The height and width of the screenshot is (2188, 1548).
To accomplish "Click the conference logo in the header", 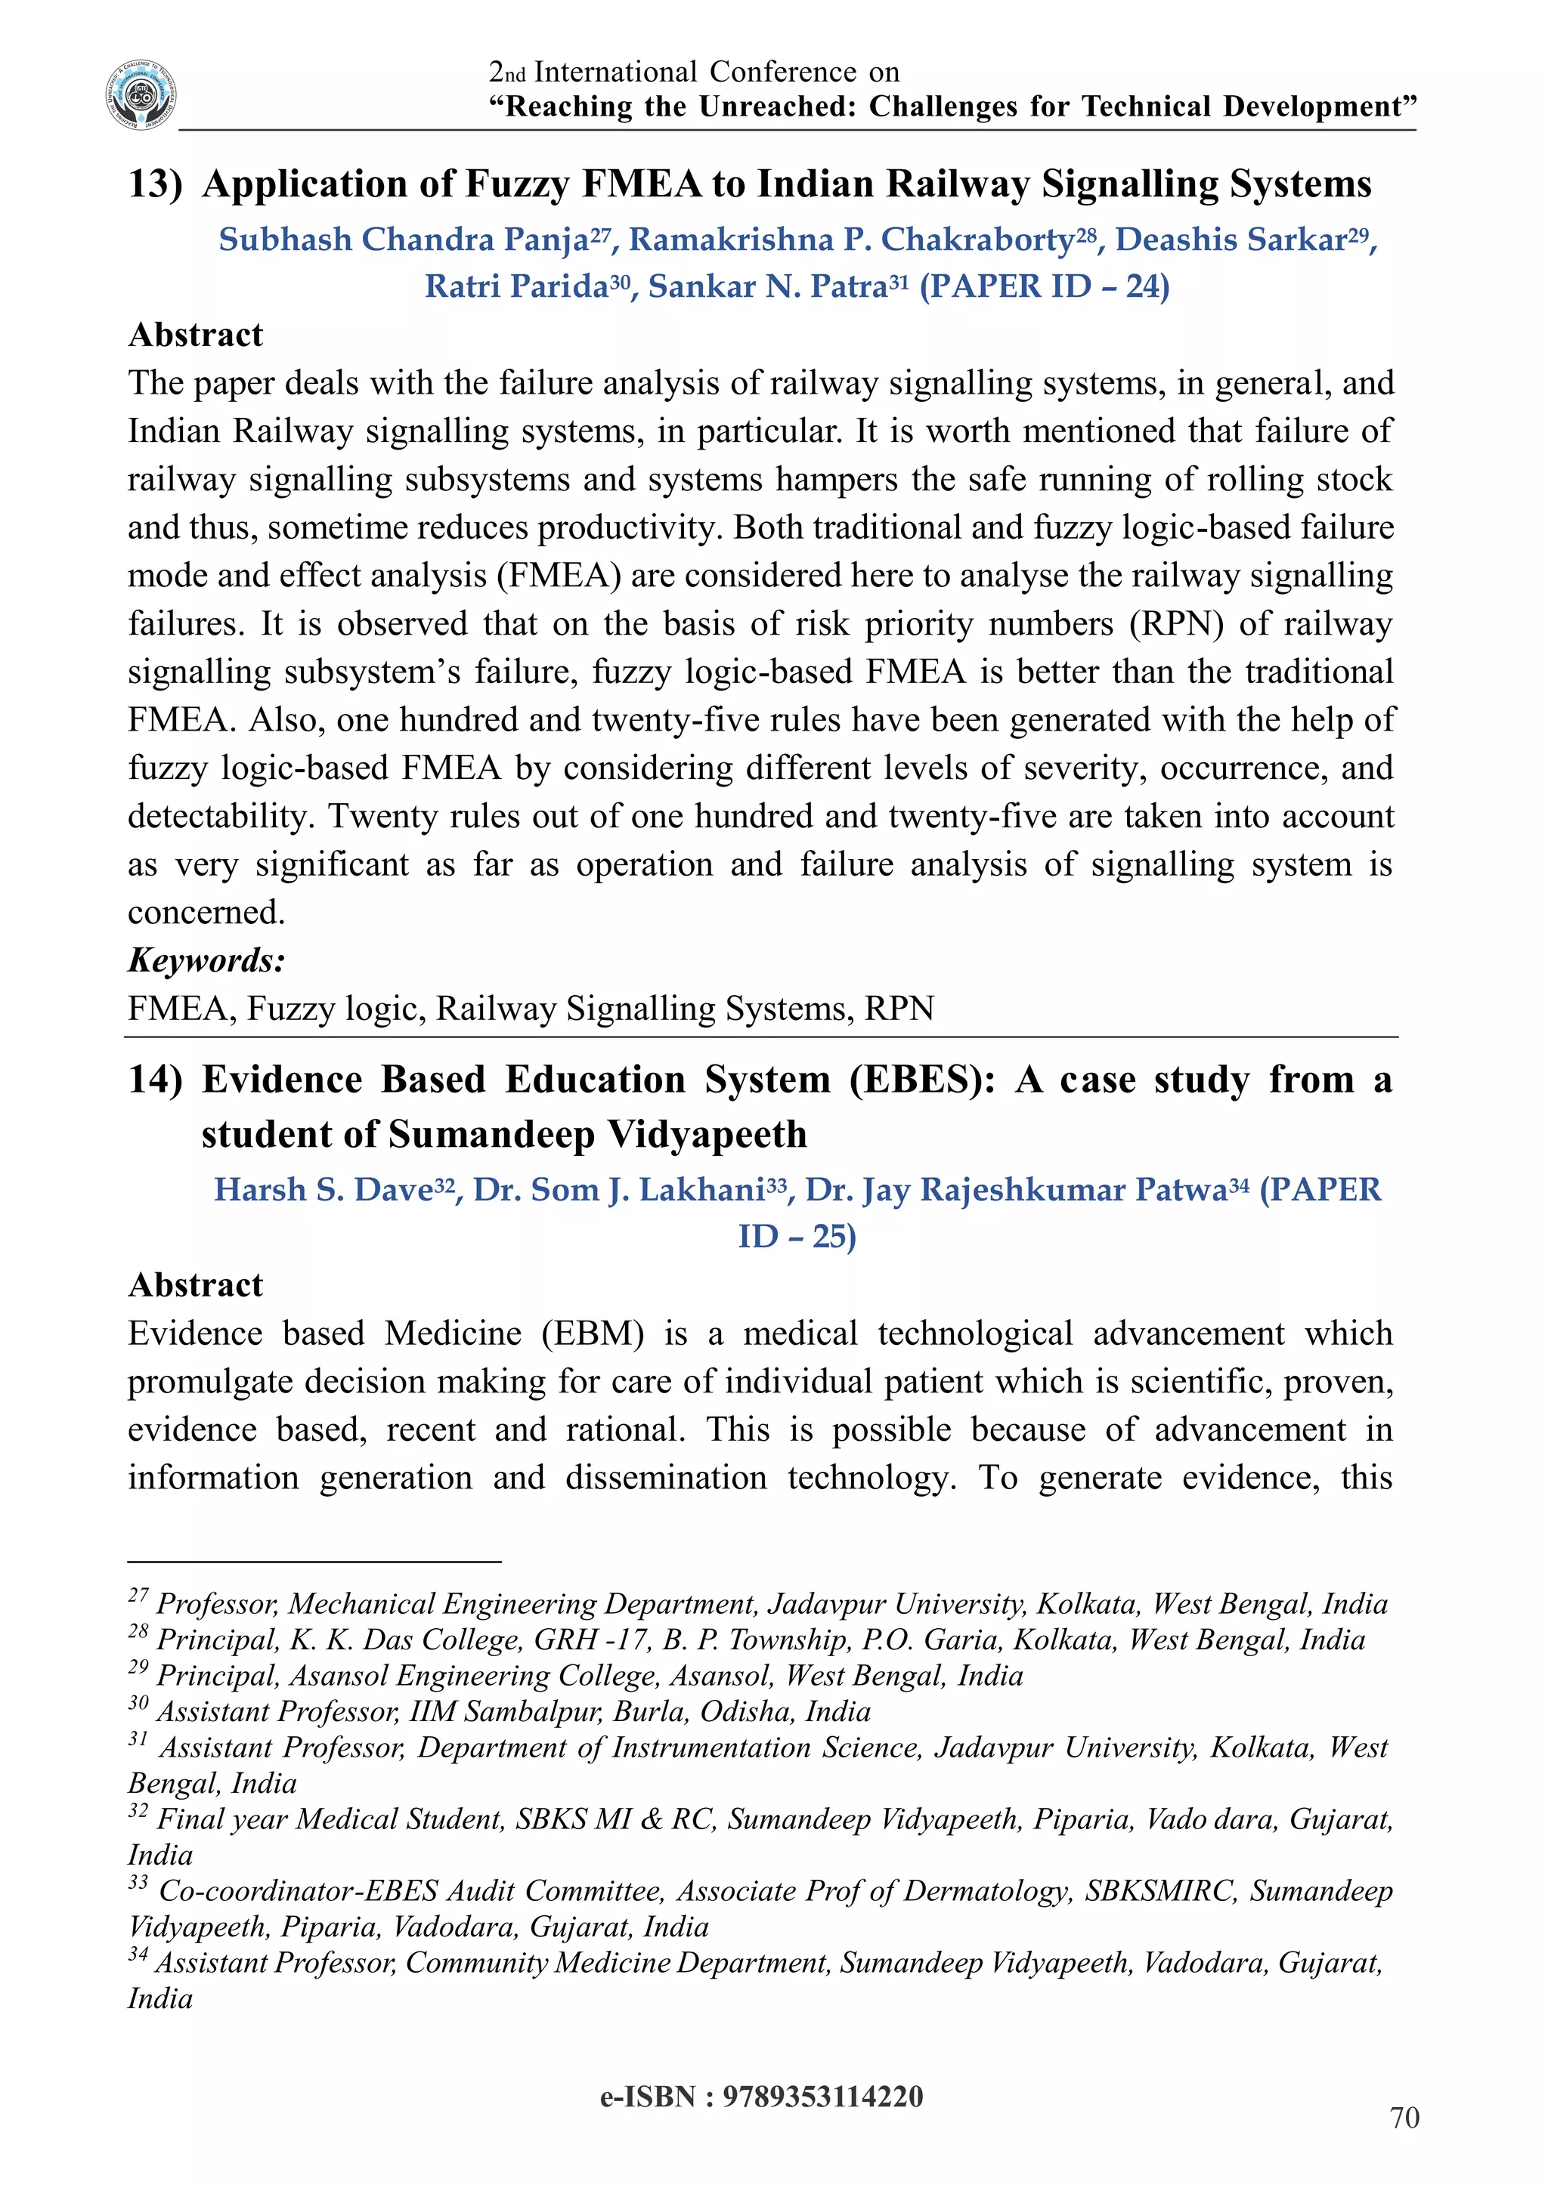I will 141,94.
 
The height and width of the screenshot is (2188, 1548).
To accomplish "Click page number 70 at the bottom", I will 1404,2118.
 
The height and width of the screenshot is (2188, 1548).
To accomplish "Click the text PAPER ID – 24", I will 1044,286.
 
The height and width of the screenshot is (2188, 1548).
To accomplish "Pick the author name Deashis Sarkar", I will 1231,240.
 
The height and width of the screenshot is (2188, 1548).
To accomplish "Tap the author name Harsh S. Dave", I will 324,1189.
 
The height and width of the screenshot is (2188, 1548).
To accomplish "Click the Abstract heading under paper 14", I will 196,1284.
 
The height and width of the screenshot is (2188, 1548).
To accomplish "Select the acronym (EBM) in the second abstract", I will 592,1334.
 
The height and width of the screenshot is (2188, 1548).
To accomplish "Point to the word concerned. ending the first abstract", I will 206,913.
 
